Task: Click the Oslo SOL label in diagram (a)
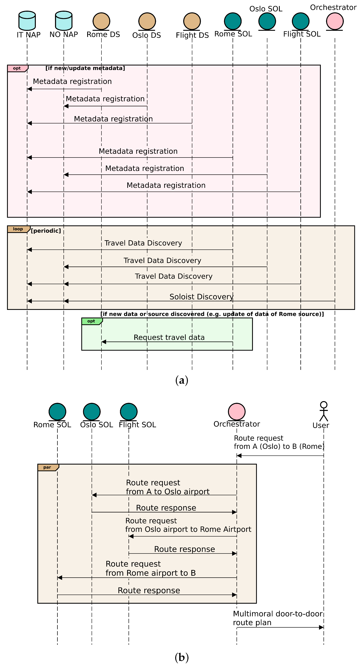(x=266, y=9)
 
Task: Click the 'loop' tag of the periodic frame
(x=18, y=229)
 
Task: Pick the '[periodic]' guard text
(x=46, y=231)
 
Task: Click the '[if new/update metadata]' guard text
(x=85, y=68)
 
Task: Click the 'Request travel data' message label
(x=169, y=337)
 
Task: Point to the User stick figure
(x=323, y=411)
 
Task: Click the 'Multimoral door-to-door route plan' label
(x=278, y=618)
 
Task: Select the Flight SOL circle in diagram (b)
(x=129, y=412)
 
